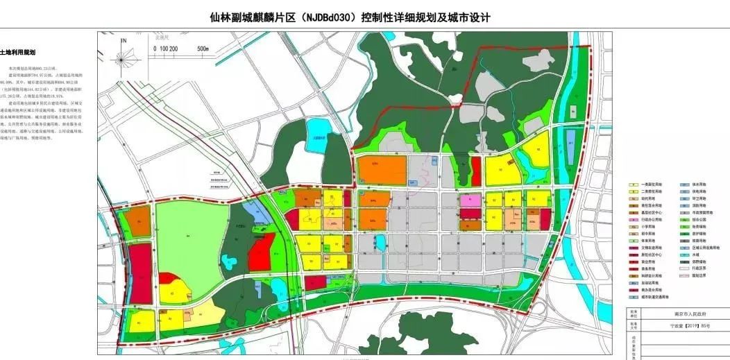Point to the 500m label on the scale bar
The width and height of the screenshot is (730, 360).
(203, 49)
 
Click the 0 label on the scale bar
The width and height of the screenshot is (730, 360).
(155, 49)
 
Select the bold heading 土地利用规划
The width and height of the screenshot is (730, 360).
(17, 52)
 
